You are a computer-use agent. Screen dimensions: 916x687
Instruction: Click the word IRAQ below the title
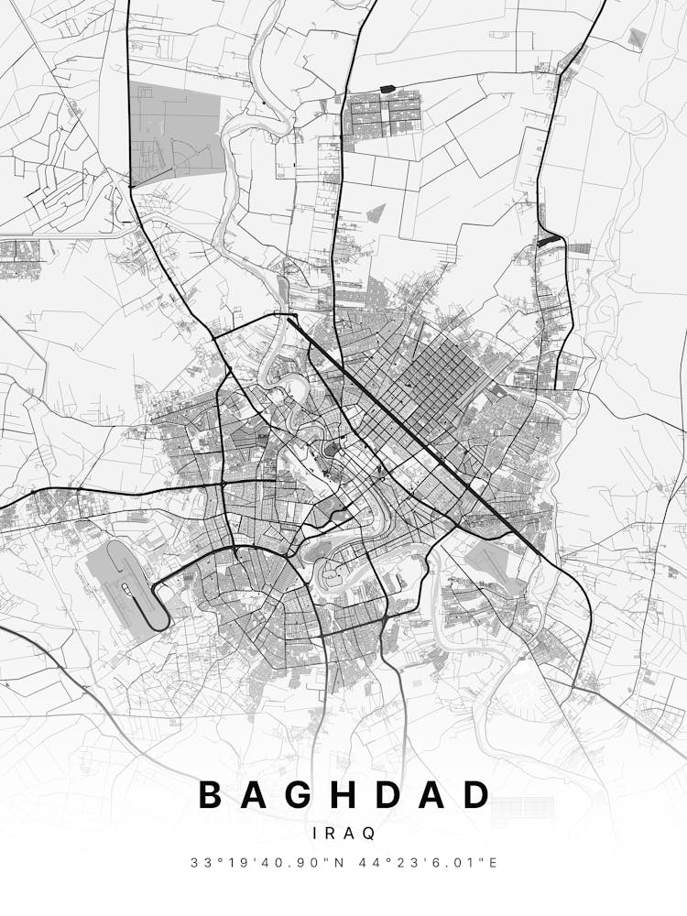(343, 834)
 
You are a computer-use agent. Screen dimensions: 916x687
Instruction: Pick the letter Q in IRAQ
(368, 834)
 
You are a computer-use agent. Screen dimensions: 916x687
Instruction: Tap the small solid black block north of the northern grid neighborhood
(386, 88)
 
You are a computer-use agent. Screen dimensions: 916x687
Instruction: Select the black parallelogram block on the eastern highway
(549, 241)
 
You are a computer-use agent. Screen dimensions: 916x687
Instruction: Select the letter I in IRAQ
(316, 834)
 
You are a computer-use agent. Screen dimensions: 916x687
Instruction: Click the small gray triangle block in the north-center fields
(375, 214)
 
